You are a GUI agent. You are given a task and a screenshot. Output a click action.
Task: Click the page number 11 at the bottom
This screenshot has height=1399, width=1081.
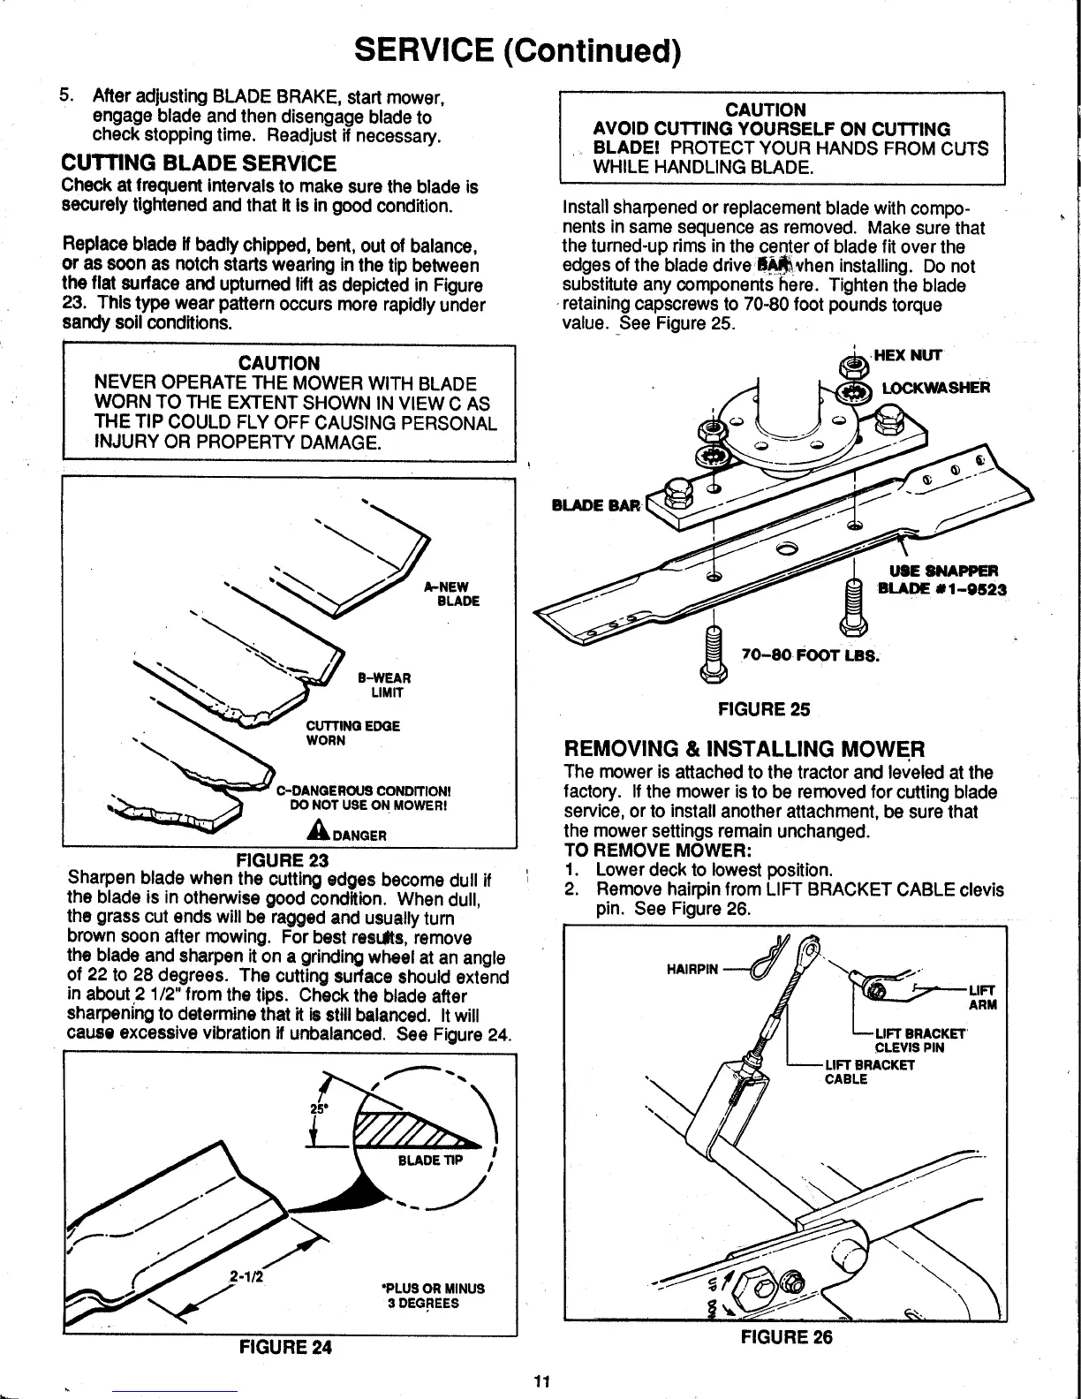[x=542, y=1382]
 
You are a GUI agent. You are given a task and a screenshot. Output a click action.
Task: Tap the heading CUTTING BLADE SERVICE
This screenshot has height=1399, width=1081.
[x=199, y=164]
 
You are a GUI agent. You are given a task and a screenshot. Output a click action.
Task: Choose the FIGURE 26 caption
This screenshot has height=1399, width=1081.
[x=787, y=1337]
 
